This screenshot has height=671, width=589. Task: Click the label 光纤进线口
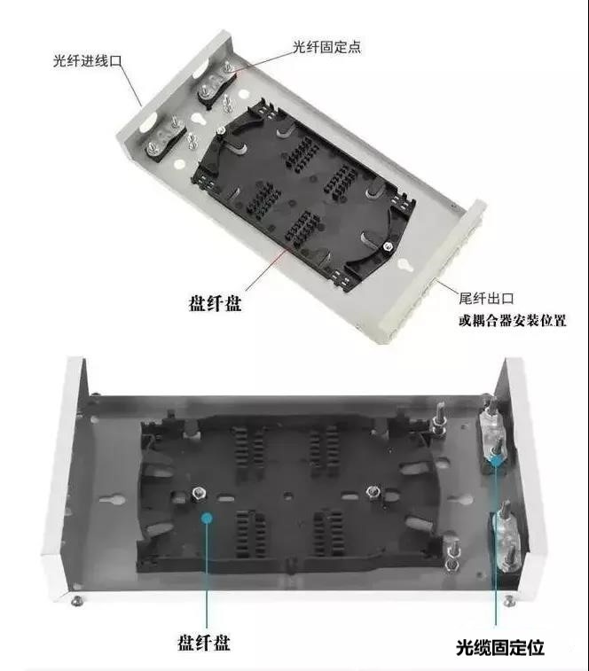click(x=88, y=60)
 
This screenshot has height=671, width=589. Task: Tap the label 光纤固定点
click(x=326, y=47)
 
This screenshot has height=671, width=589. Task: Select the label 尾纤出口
click(x=486, y=298)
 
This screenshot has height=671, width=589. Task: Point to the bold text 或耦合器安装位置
click(x=513, y=320)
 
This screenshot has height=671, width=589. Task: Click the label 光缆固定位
click(x=500, y=647)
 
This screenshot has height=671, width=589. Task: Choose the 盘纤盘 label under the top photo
click(x=215, y=303)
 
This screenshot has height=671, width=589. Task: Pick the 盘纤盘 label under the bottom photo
click(x=204, y=643)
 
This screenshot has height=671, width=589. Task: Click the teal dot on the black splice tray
click(x=207, y=519)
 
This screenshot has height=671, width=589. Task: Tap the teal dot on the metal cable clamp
click(x=496, y=461)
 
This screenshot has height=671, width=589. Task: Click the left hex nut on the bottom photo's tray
click(x=200, y=495)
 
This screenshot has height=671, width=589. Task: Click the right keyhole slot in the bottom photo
click(x=460, y=499)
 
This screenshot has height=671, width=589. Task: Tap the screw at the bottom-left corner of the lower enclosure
click(x=76, y=600)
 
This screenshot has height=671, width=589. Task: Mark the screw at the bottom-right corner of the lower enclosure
click(x=509, y=600)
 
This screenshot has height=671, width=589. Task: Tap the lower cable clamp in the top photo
click(x=165, y=141)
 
